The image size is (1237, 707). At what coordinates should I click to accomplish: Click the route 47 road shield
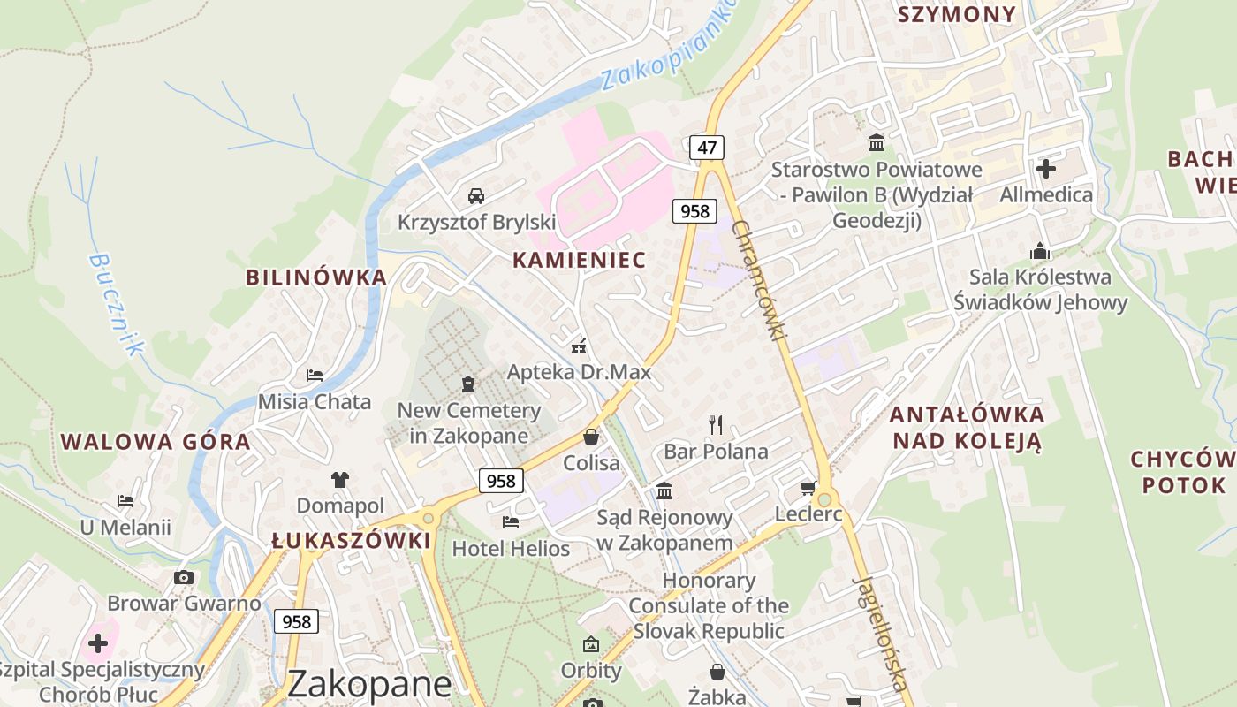tap(707, 148)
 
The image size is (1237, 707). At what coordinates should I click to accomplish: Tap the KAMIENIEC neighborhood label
tap(580, 260)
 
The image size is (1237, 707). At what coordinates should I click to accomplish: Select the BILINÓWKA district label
tap(316, 277)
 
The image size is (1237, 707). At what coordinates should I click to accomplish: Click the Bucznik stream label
tap(116, 304)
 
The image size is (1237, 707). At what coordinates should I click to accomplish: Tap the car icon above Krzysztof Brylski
tap(476, 195)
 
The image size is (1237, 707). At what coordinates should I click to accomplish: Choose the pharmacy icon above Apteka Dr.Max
tap(579, 346)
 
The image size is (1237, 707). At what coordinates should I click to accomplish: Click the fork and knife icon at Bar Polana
tap(716, 425)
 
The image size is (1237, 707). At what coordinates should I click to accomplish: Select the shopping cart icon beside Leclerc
tap(808, 488)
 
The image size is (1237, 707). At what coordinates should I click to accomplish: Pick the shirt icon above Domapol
tap(340, 480)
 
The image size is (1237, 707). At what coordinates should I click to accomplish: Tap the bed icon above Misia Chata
tap(314, 376)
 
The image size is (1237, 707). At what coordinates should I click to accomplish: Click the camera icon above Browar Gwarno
tap(184, 578)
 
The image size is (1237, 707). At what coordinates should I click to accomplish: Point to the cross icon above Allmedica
tap(1046, 168)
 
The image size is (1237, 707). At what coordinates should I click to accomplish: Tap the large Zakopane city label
tap(369, 683)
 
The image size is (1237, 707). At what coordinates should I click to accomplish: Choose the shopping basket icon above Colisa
tap(591, 437)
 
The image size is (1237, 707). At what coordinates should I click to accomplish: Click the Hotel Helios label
tap(511, 549)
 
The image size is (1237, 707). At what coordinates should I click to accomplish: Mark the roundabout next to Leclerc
tap(824, 500)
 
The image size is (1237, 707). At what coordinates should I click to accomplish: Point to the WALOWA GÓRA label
tap(156, 442)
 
